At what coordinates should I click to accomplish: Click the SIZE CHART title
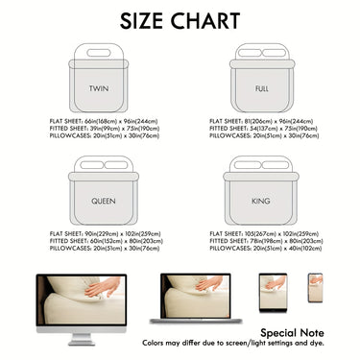click(x=180, y=20)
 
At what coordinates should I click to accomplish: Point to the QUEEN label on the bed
click(x=103, y=203)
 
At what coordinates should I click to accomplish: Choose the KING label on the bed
click(x=259, y=203)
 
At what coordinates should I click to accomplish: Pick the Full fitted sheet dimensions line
click(x=265, y=129)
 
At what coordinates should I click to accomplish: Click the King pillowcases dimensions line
click(x=266, y=248)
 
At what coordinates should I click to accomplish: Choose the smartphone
click(x=315, y=286)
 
